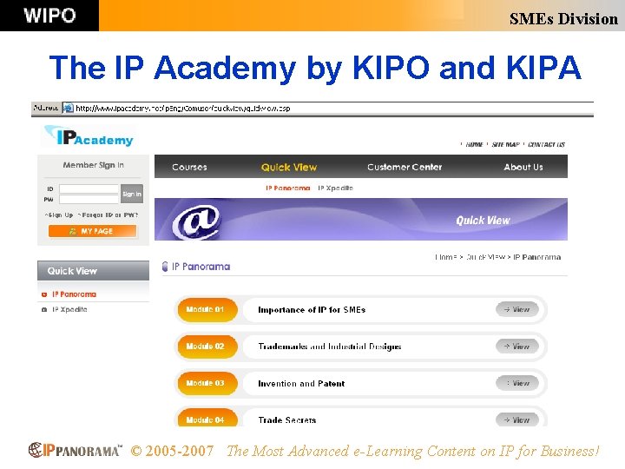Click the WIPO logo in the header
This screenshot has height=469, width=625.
click(x=49, y=16)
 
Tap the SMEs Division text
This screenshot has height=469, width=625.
click(x=563, y=18)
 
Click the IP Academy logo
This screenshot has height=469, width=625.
click(x=89, y=138)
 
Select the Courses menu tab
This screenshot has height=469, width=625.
click(x=189, y=167)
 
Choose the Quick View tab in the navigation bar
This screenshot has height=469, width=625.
click(x=289, y=167)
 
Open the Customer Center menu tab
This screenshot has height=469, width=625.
click(x=405, y=167)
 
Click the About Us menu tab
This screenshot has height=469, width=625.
click(x=523, y=167)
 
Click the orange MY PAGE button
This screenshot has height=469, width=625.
click(x=93, y=231)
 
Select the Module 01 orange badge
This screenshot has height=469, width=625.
click(x=206, y=309)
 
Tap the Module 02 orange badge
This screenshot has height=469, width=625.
click(x=206, y=347)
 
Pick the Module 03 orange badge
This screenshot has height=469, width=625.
click(x=206, y=383)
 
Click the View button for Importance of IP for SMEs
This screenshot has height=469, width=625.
click(x=517, y=309)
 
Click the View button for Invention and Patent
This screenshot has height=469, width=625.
click(x=517, y=383)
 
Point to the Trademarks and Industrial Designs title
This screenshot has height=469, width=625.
click(x=330, y=347)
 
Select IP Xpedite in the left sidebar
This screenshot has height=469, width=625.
click(x=69, y=309)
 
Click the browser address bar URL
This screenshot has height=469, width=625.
click(x=182, y=109)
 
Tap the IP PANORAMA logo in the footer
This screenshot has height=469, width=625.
click(x=76, y=451)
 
